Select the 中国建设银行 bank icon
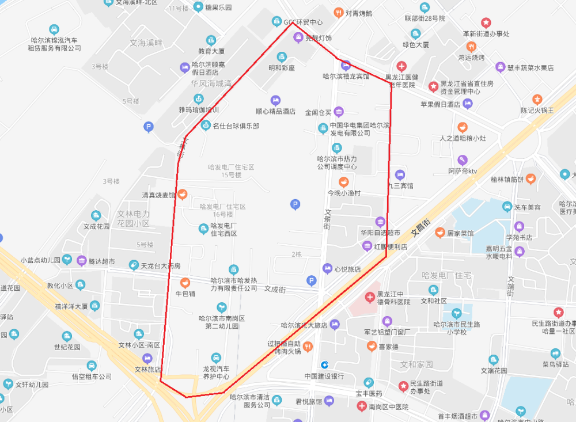pos(324,364)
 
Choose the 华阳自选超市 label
pos(380,233)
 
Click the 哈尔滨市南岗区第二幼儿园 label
pos(222,322)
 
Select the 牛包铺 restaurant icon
pos(185,282)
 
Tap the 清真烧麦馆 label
pos(159,195)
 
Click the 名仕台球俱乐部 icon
pos(206,126)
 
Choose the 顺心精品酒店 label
pos(275,112)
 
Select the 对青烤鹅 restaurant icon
pos(338,13)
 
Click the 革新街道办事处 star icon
pos(486,22)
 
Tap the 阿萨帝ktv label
pos(463,171)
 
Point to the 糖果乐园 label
pos(218,7)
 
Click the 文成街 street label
pos(275,290)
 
